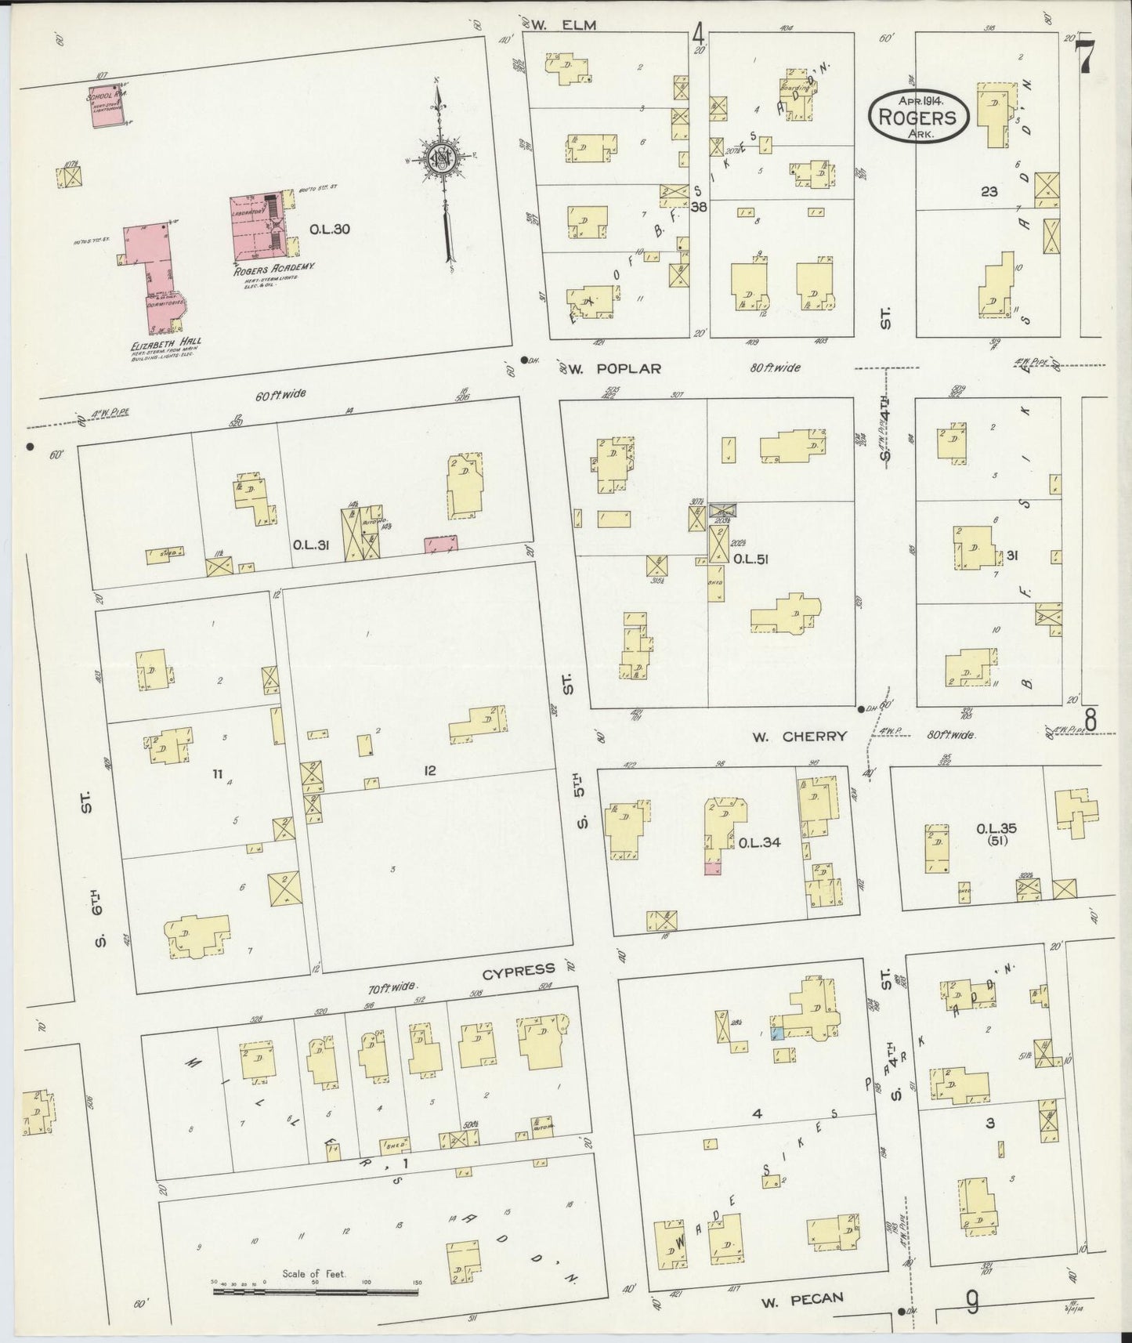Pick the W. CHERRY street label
click(x=798, y=736)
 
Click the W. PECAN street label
click(x=802, y=1298)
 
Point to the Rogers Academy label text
click(x=273, y=267)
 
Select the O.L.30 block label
click(x=329, y=230)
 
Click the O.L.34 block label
click(x=759, y=843)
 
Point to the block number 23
click(x=989, y=190)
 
